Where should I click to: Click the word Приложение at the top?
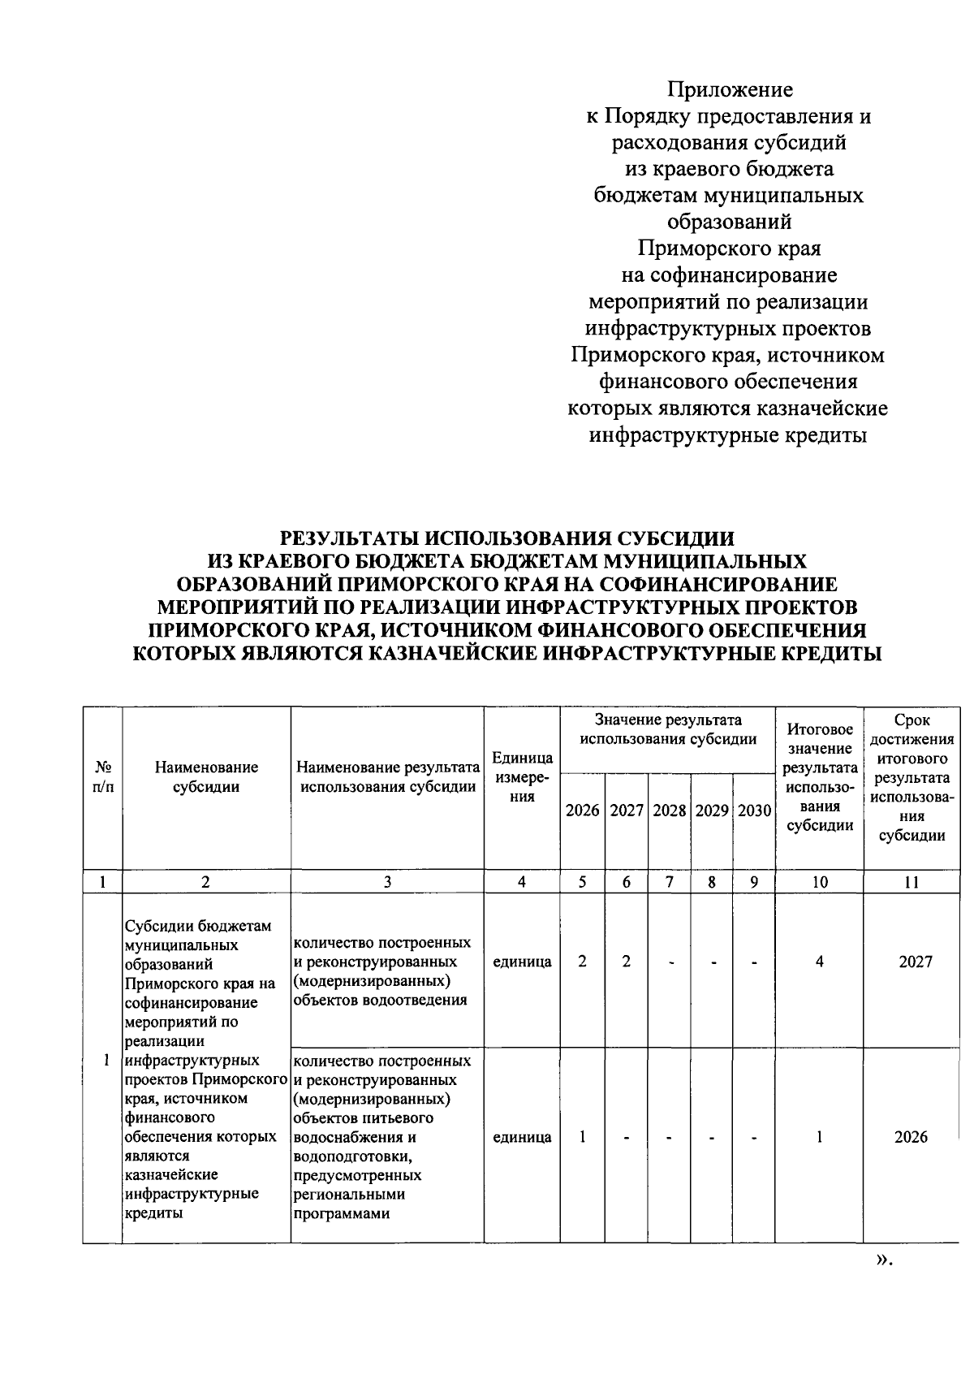[x=729, y=89]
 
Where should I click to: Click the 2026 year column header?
[x=582, y=811]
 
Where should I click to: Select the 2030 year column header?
[x=754, y=811]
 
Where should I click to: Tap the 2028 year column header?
[x=669, y=811]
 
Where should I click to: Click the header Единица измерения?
[x=522, y=777]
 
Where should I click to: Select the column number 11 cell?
[x=911, y=882]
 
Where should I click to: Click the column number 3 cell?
[x=387, y=882]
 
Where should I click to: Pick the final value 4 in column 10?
[x=820, y=962]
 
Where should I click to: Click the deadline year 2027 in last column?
[x=915, y=962]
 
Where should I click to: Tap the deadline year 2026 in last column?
[x=911, y=1137]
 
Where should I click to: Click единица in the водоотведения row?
[x=522, y=962]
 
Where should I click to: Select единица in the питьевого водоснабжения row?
[x=522, y=1137]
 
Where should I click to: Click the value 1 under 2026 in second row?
[x=582, y=1137]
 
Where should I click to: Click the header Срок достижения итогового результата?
[x=911, y=777]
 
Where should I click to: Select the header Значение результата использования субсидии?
[x=667, y=729]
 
